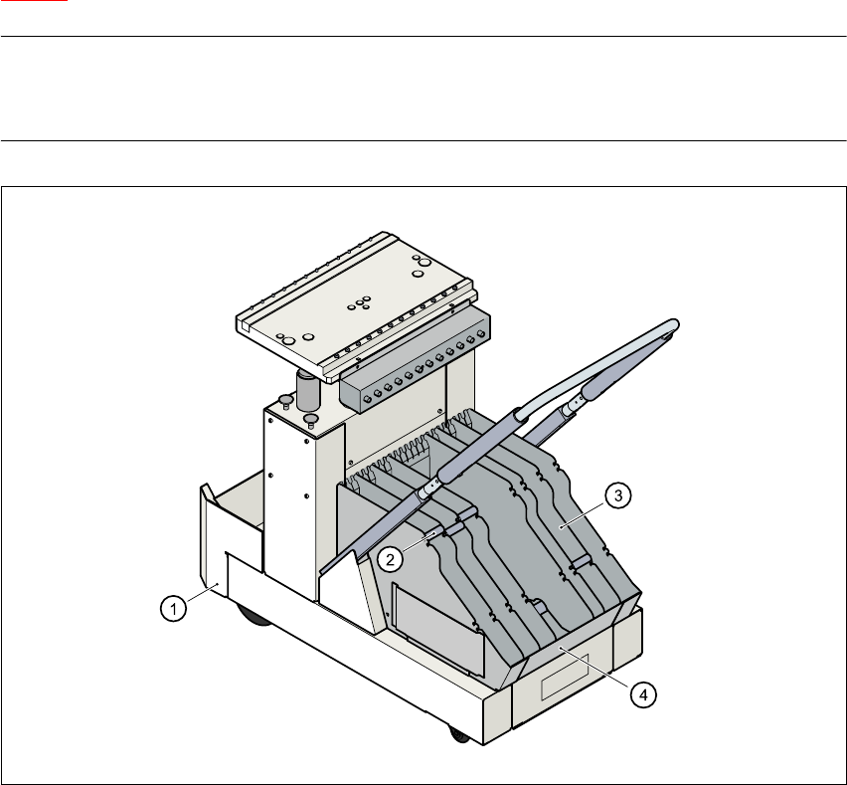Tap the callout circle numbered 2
pyautogui.click(x=393, y=558)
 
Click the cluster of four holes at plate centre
pyautogui.click(x=361, y=300)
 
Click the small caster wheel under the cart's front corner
pyautogui.click(x=459, y=735)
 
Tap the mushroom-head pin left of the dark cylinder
pyautogui.click(x=285, y=401)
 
